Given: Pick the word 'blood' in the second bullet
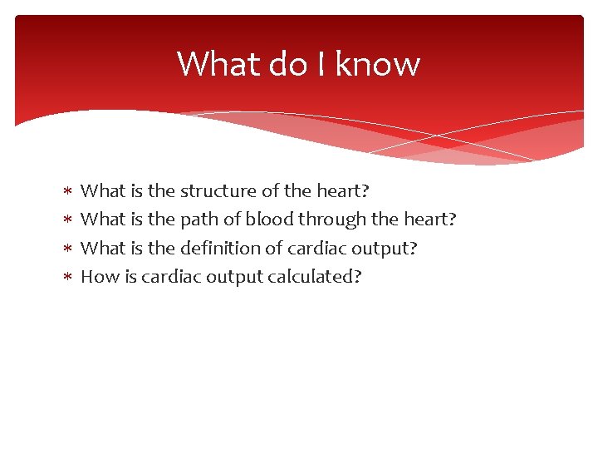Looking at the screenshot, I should tap(269, 220).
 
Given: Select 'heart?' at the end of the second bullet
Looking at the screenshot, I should tap(430, 220).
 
